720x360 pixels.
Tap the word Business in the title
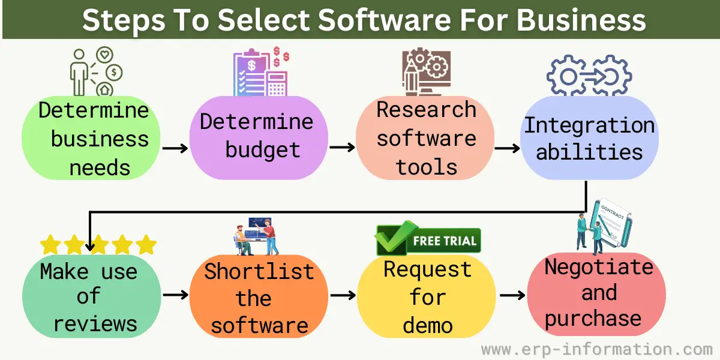click(581, 20)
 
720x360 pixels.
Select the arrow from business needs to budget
click(175, 148)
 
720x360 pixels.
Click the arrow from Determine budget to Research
click(343, 148)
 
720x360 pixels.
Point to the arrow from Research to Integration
click(507, 148)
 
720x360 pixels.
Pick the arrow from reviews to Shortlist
click(175, 295)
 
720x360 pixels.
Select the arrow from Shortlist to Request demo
click(343, 295)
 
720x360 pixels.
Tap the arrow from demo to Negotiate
click(512, 295)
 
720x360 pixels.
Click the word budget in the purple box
click(263, 151)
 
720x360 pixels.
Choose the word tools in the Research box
click(427, 167)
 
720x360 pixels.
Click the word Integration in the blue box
click(589, 125)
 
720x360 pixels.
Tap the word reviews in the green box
click(95, 323)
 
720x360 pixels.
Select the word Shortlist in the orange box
click(259, 271)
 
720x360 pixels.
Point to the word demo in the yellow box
click(427, 325)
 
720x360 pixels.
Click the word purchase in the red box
click(593, 319)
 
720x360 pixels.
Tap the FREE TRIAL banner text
click(445, 241)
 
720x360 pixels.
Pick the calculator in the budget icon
click(277, 83)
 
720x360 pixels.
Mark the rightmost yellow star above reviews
click(146, 244)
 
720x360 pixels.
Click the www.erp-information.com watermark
click(597, 349)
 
